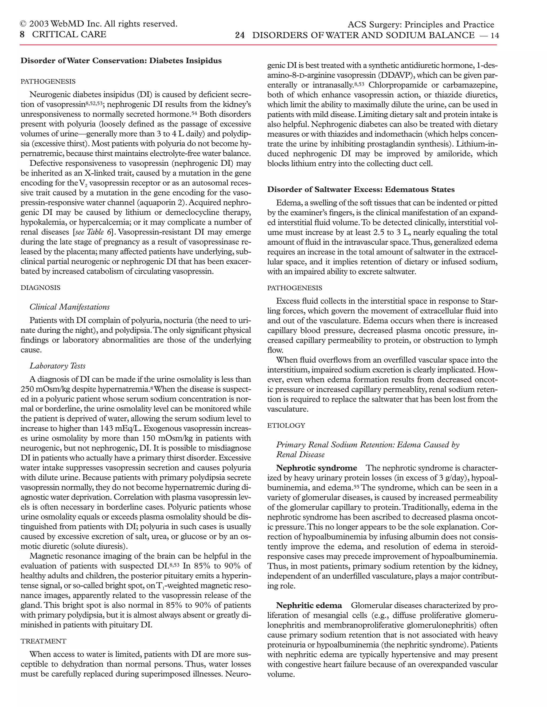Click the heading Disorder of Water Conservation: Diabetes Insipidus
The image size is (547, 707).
pos(121,61)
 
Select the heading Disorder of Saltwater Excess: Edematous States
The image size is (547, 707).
pos(361,189)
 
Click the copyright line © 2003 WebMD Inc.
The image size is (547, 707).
pos(99,24)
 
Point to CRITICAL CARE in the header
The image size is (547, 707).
pos(69,34)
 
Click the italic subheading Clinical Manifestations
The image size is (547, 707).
pos(70,307)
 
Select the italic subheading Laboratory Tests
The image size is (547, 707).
pos(58,366)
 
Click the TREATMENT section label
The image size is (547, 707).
pos(44,641)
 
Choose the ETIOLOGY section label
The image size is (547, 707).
pos(286,425)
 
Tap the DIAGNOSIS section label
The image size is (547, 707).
pos(41,288)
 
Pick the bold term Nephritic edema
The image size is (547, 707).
pos(309,605)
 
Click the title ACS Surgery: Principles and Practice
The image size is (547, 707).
pos(421,25)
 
